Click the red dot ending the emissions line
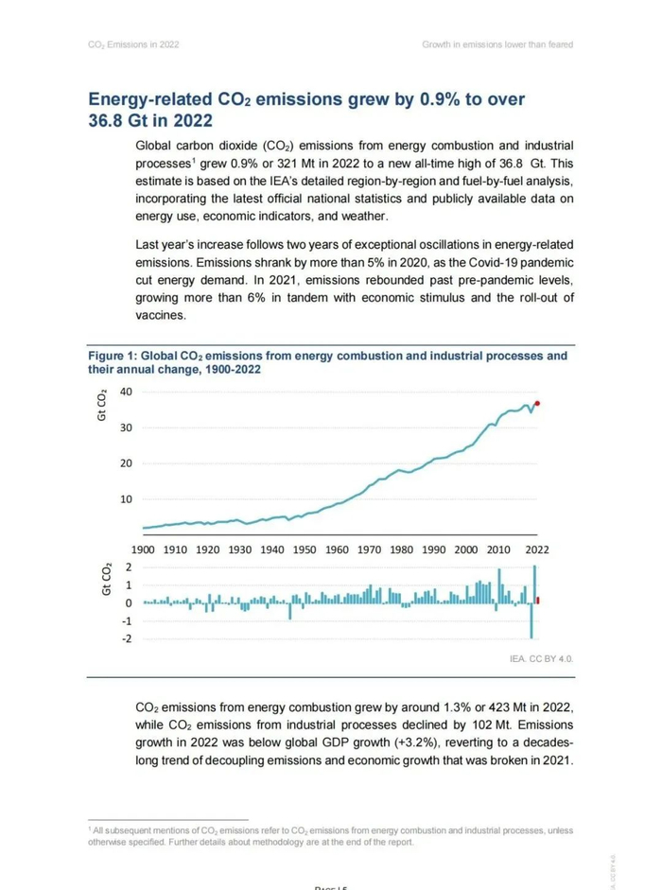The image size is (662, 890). [x=538, y=404]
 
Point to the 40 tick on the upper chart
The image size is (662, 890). [x=127, y=392]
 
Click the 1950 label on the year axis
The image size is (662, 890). [x=305, y=550]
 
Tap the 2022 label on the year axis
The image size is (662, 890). [x=537, y=550]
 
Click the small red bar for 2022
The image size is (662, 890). [x=538, y=600]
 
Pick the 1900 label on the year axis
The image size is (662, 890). [x=143, y=550]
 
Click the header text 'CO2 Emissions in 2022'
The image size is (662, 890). [x=133, y=44]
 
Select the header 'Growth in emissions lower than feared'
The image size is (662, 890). [x=497, y=44]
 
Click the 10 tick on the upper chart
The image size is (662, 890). [x=127, y=498]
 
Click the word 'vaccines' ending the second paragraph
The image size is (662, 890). [x=161, y=317]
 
